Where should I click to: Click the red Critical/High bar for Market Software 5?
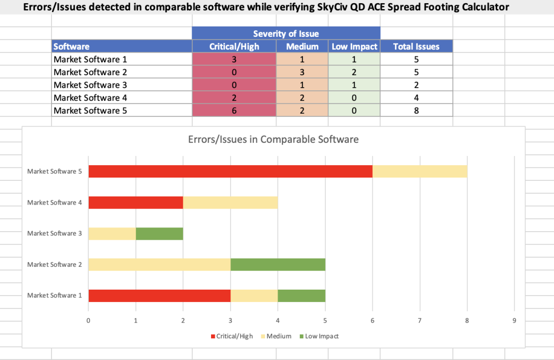pyautogui.click(x=230, y=171)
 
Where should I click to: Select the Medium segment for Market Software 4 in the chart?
pyautogui.click(x=230, y=202)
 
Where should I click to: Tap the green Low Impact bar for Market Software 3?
pyautogui.click(x=159, y=233)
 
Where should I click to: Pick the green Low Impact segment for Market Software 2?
pyautogui.click(x=278, y=265)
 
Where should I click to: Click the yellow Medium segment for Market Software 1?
pyautogui.click(x=254, y=296)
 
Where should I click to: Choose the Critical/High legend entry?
pyautogui.click(x=231, y=336)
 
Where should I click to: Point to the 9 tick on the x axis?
pyautogui.click(x=514, y=320)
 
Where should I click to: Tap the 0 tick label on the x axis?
pyautogui.click(x=88, y=320)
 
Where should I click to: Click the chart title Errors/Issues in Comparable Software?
pyautogui.click(x=273, y=139)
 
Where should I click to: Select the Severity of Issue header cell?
pyautogui.click(x=286, y=34)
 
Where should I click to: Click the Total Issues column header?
pyautogui.click(x=416, y=47)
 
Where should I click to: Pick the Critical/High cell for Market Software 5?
pyautogui.click(x=234, y=110)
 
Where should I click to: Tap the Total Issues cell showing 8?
pyautogui.click(x=416, y=110)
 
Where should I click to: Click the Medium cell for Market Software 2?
pyautogui.click(x=302, y=72)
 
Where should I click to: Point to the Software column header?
pyautogui.click(x=71, y=47)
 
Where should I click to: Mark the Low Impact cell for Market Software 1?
pyautogui.click(x=354, y=60)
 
